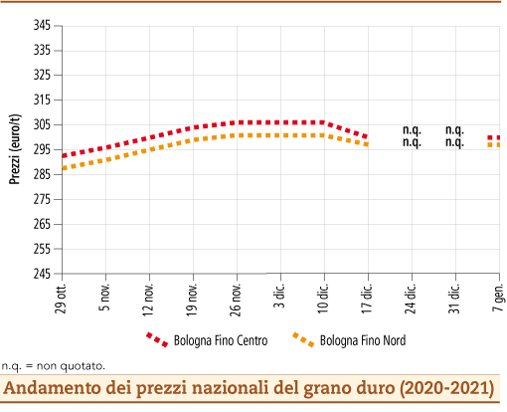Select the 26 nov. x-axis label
click(x=236, y=296)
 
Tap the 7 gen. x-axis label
click(x=497, y=295)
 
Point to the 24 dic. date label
click(x=411, y=296)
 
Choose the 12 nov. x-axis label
click(x=149, y=296)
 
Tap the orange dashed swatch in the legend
click(x=304, y=340)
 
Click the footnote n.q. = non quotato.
click(x=53, y=366)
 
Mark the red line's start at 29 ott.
click(x=63, y=155)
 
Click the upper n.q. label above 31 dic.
click(x=454, y=129)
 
